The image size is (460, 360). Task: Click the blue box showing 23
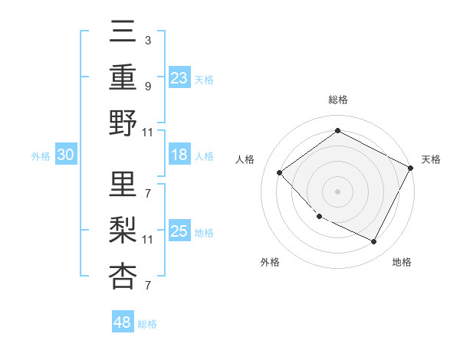point(179,78)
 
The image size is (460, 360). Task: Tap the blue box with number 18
point(179,155)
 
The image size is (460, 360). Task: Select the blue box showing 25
point(179,231)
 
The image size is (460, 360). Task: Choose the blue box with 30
point(65,155)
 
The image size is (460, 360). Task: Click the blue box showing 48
point(123,322)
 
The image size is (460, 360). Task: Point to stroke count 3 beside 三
point(147,40)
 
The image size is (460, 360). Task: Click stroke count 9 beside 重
point(147,86)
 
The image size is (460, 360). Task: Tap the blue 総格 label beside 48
point(147,324)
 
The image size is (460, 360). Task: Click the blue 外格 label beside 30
point(41,156)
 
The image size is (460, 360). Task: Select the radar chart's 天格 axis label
point(431,159)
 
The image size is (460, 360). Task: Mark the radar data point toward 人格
point(280,172)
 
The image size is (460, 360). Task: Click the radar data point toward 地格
point(374,242)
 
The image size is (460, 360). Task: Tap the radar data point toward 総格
point(337,131)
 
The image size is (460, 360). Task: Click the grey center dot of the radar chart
point(337,191)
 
